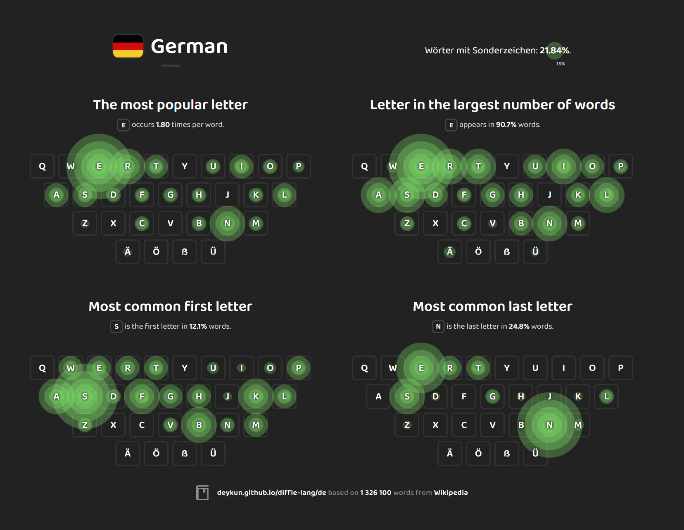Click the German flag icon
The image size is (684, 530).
click(x=128, y=46)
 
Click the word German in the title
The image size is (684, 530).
click(x=189, y=46)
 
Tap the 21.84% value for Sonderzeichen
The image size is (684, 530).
click(x=554, y=50)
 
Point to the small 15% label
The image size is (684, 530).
click(x=560, y=64)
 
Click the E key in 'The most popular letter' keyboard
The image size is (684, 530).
click(x=99, y=166)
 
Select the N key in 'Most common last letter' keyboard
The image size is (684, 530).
click(x=549, y=425)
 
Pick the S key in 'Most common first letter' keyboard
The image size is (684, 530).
click(x=85, y=396)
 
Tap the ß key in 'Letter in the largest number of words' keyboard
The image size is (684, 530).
click(x=507, y=252)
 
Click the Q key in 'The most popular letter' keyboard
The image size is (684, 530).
click(x=42, y=166)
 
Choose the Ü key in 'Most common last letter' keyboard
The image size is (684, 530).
click(x=535, y=453)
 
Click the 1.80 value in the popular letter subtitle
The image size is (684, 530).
click(x=163, y=125)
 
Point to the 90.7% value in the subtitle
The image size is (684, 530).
click(x=506, y=125)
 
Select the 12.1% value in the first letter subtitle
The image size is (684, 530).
click(x=198, y=327)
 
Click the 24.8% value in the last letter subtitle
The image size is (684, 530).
click(x=519, y=327)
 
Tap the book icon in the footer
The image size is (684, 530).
click(x=202, y=492)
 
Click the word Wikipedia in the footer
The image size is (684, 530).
click(x=451, y=493)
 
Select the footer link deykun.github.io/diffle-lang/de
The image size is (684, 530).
click(x=271, y=493)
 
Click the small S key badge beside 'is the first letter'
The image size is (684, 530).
click(x=116, y=327)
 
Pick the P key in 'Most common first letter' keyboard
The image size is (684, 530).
click(x=299, y=368)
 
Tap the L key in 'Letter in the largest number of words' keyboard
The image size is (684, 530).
click(x=606, y=195)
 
